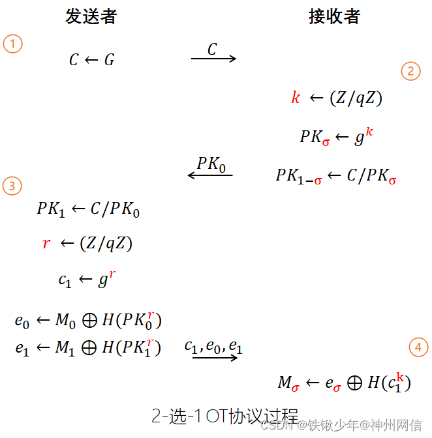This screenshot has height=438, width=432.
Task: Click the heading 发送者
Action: pyautogui.click(x=91, y=16)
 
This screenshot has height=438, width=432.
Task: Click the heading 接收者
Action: pyautogui.click(x=334, y=16)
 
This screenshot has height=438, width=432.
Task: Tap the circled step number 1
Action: pyautogui.click(x=12, y=44)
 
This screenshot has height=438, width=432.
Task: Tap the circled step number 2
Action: pyautogui.click(x=410, y=71)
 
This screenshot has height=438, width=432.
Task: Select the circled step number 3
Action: pyautogui.click(x=12, y=186)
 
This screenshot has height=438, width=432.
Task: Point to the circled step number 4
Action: pyautogui.click(x=418, y=348)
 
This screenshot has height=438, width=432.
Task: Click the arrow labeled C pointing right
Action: pyautogui.click(x=213, y=59)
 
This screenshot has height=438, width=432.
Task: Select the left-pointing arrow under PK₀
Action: pyautogui.click(x=210, y=175)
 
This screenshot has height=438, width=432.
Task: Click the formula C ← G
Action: pyautogui.click(x=91, y=61)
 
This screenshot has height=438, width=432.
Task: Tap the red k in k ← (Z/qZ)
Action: pyautogui.click(x=296, y=98)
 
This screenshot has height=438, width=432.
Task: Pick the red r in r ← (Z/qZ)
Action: pyautogui.click(x=46, y=244)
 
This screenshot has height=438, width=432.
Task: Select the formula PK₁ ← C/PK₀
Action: pyautogui.click(x=88, y=209)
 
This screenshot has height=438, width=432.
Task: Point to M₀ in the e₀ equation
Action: pyautogui.click(x=65, y=321)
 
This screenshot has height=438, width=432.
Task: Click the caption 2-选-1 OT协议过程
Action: pyautogui.click(x=224, y=415)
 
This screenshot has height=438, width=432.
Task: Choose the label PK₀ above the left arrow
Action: pyautogui.click(x=211, y=164)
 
